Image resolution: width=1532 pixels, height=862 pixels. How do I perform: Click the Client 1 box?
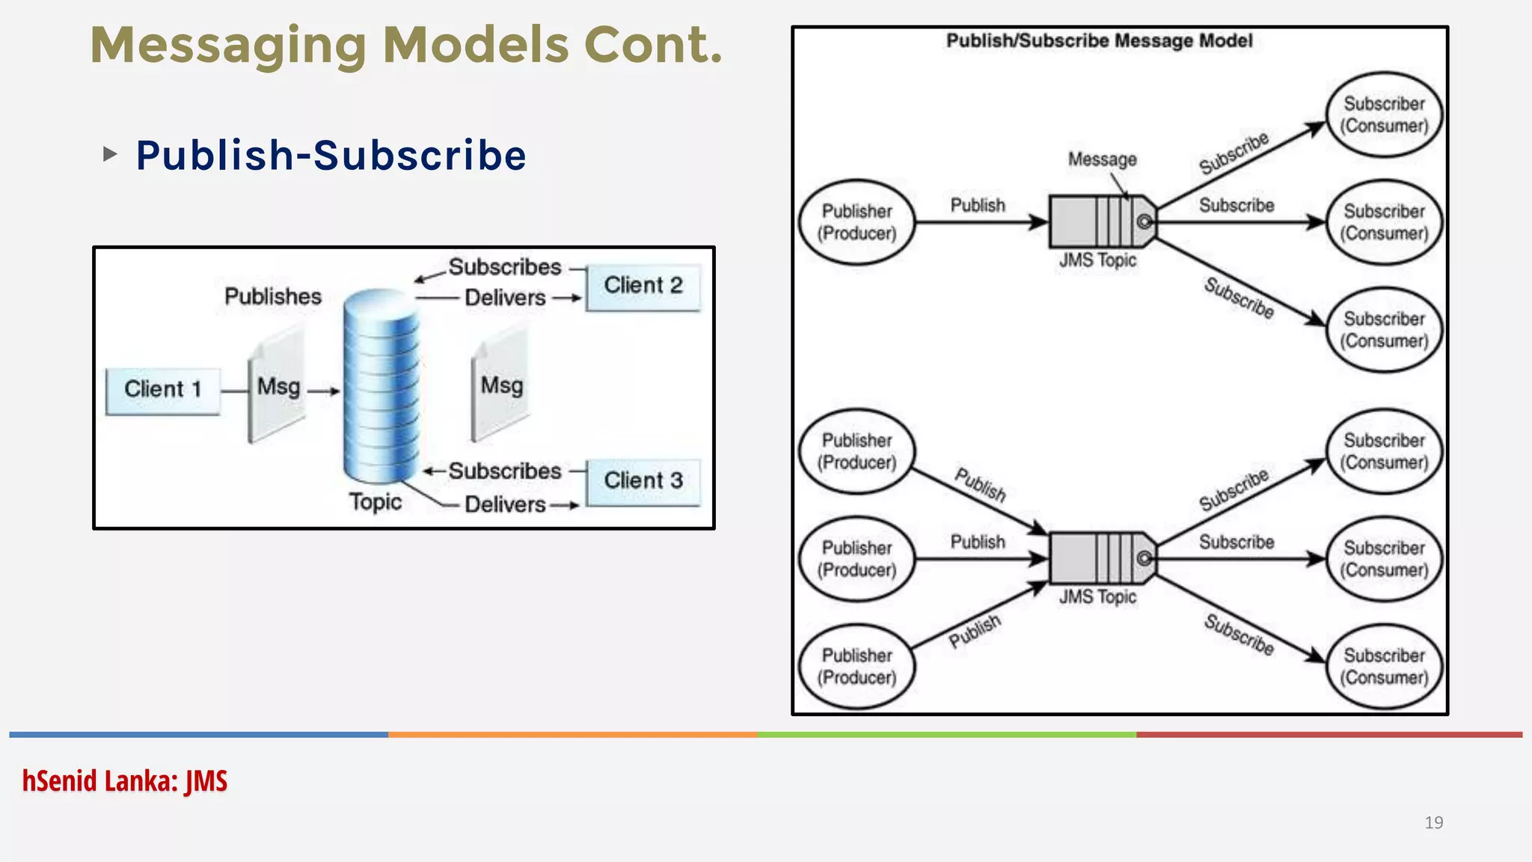pyautogui.click(x=162, y=391)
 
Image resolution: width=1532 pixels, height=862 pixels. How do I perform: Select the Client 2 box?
pyautogui.click(x=643, y=287)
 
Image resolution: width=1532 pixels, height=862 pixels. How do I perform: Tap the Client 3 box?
pyautogui.click(x=643, y=482)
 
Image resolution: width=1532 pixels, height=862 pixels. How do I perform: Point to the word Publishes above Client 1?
pyautogui.click(x=272, y=296)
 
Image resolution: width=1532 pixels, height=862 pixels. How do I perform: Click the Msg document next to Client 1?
pyautogui.click(x=277, y=388)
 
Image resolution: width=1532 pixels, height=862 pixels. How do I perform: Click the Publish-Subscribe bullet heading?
pyautogui.click(x=331, y=155)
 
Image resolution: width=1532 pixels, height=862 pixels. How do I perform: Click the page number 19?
pyautogui.click(x=1433, y=823)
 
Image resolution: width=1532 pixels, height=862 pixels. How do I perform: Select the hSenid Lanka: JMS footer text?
pyautogui.click(x=125, y=781)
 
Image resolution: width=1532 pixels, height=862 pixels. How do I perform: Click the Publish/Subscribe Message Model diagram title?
pyautogui.click(x=1099, y=40)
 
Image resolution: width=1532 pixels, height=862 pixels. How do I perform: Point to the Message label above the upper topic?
pyautogui.click(x=1102, y=159)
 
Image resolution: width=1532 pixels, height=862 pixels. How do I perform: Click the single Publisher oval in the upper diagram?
pyautogui.click(x=857, y=222)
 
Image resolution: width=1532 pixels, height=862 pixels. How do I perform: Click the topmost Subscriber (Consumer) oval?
pyautogui.click(x=1384, y=114)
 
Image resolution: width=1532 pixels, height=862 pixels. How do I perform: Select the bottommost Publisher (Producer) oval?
pyautogui.click(x=857, y=666)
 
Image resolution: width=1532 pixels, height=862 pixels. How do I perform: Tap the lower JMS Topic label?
pyautogui.click(x=1097, y=597)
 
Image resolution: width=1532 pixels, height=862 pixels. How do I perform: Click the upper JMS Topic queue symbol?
pyautogui.click(x=1101, y=221)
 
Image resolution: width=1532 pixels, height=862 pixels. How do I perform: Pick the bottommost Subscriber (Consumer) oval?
pyautogui.click(x=1384, y=666)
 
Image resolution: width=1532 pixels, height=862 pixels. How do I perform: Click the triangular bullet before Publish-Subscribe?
pyautogui.click(x=110, y=154)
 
